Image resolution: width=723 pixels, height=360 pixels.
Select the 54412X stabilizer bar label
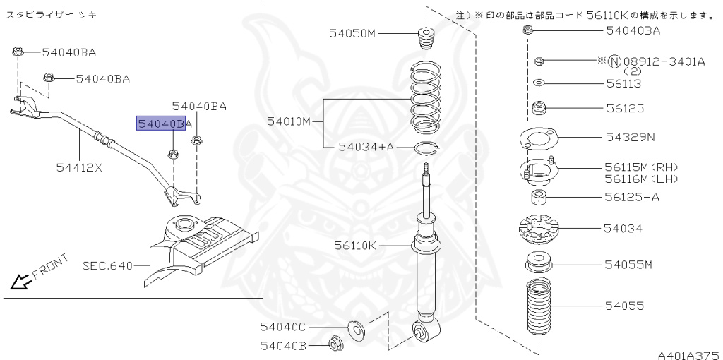[79, 167]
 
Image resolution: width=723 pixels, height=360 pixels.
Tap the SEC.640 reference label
[107, 266]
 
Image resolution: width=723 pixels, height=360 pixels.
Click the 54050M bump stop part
[426, 39]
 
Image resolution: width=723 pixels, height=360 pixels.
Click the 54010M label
[289, 121]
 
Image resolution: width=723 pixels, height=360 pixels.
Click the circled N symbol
[614, 62]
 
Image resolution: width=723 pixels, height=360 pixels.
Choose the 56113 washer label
[623, 83]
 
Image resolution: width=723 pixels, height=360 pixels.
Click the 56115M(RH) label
[640, 167]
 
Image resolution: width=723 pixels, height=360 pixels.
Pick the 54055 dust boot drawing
[539, 308]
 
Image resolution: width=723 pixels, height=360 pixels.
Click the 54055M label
[628, 265]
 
